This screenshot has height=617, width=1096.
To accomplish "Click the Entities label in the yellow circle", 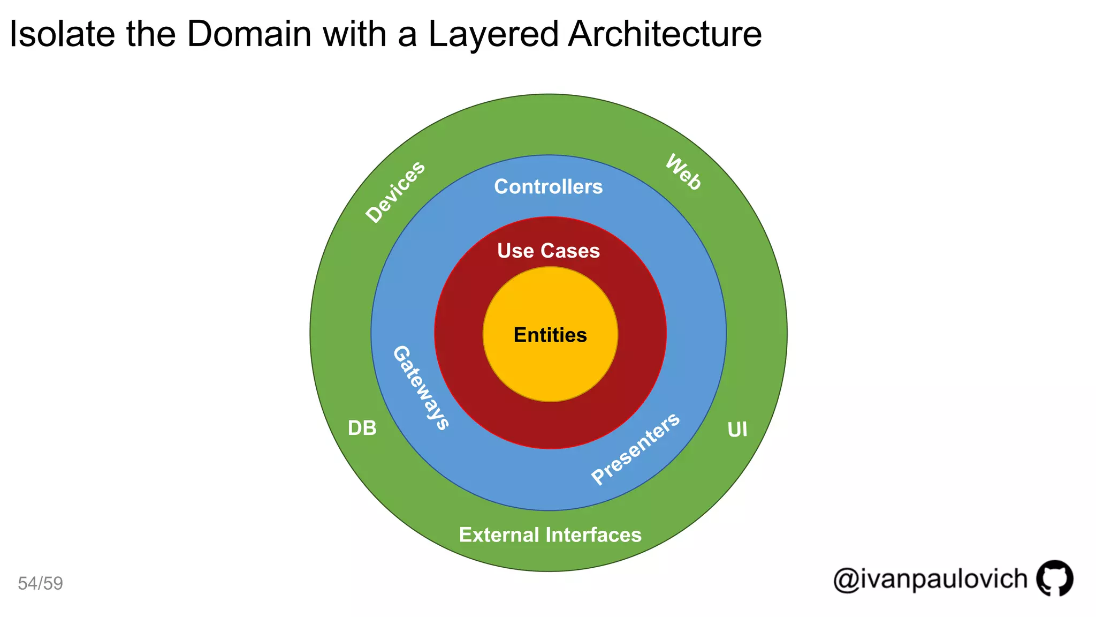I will click(x=550, y=335).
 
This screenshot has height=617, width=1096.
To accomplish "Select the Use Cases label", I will click(x=548, y=251).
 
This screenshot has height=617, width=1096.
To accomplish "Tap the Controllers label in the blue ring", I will click(x=548, y=187).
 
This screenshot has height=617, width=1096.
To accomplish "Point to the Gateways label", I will click(x=421, y=388).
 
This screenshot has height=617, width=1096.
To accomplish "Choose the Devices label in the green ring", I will click(x=395, y=191).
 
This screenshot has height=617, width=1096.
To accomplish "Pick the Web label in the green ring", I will click(x=683, y=172).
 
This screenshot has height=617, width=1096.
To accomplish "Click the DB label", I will click(x=362, y=428).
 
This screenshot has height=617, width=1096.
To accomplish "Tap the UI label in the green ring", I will click(x=737, y=430).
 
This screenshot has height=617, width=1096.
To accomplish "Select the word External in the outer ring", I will click(x=499, y=535).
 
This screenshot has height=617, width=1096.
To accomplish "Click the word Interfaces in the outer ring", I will click(x=593, y=535).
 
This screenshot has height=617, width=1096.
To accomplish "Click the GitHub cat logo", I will click(x=1055, y=578).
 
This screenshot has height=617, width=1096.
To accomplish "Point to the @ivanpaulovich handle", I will click(x=930, y=579).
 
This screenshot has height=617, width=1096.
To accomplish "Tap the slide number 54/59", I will click(x=40, y=583).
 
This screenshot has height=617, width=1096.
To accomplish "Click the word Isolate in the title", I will click(x=62, y=34).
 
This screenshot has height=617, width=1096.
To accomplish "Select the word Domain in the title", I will click(x=249, y=34).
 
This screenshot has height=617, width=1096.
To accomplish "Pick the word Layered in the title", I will click(x=493, y=34).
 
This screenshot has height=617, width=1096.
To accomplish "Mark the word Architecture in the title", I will click(x=665, y=34).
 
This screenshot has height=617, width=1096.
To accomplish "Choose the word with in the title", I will click(x=355, y=34).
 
